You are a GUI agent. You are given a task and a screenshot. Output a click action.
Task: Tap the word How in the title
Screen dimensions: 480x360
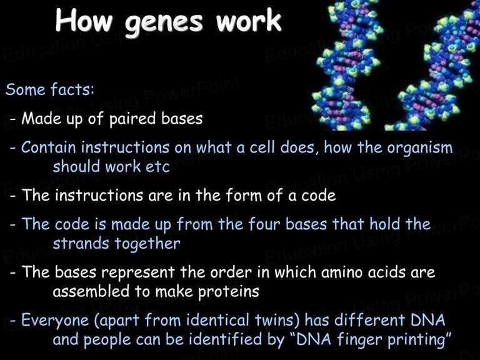(x=84, y=20)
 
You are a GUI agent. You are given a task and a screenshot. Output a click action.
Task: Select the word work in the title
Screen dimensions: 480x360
(x=248, y=20)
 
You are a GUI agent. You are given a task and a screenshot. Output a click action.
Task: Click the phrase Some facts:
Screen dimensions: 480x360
(x=50, y=89)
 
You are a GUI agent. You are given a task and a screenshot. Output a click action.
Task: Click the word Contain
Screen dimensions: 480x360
(x=48, y=147)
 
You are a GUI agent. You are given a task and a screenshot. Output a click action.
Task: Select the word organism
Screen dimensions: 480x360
(x=420, y=148)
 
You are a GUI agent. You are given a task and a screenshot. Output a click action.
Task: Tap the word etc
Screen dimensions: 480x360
(x=157, y=167)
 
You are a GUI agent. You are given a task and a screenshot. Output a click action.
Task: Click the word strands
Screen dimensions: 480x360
(x=81, y=244)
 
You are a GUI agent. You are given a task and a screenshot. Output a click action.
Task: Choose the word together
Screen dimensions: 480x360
(x=147, y=244)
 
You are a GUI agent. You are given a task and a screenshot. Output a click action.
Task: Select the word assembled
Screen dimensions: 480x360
(x=91, y=291)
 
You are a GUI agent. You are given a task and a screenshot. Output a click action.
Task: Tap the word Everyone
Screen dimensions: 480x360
(x=55, y=321)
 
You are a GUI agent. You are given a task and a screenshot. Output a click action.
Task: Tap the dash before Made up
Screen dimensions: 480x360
(x=12, y=119)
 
